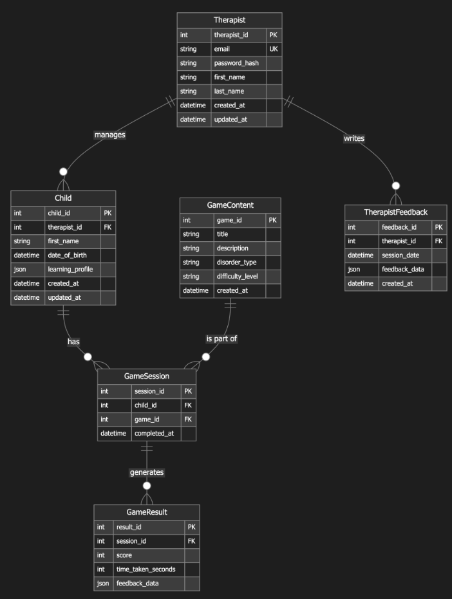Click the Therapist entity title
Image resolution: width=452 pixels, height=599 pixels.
tap(229, 21)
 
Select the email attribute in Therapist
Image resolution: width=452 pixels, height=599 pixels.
tap(222, 49)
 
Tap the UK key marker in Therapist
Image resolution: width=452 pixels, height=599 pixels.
tap(274, 49)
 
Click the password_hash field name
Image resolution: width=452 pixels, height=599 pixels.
tap(237, 63)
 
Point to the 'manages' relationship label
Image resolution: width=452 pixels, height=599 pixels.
tap(109, 134)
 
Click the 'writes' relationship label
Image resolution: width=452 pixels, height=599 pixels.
tap(354, 138)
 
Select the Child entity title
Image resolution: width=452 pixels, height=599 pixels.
tap(63, 198)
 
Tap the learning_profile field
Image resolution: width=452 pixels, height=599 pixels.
tap(70, 269)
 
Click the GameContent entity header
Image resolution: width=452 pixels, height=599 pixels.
tap(230, 205)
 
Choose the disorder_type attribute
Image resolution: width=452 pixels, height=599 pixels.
tap(237, 262)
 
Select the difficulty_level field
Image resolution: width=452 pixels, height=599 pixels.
tap(237, 276)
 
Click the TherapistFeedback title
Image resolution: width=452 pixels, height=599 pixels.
tap(395, 212)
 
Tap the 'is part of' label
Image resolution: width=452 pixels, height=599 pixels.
tap(221, 338)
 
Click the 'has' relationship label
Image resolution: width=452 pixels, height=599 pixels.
tap(74, 342)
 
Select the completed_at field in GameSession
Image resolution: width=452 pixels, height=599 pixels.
tap(155, 433)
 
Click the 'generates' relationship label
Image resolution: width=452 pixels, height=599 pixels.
tap(147, 472)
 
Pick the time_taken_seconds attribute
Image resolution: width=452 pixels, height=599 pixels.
tap(146, 569)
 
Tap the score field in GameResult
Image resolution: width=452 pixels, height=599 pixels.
tap(124, 555)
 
